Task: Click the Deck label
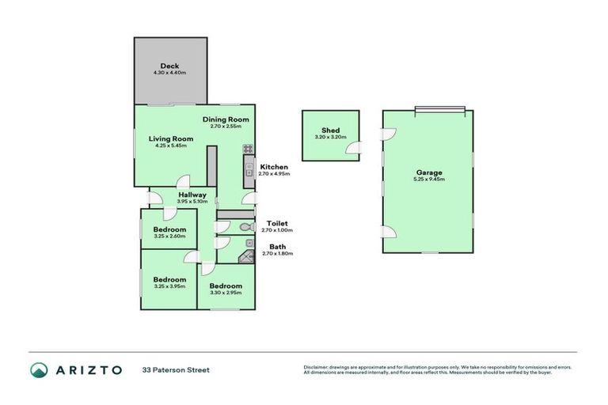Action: point(169,66)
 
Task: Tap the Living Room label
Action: point(171,138)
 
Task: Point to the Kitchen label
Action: point(274,167)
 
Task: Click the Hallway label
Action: point(192,195)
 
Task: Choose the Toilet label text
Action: point(276,223)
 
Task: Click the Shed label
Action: point(330,131)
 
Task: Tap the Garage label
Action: point(429,172)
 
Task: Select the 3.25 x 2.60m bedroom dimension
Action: point(169,236)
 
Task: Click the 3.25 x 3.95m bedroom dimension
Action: point(169,286)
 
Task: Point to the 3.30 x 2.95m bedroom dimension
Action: point(226,293)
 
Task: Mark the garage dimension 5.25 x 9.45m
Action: point(429,180)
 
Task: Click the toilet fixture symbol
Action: point(244,226)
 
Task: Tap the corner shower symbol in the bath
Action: point(247,255)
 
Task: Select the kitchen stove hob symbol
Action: point(248,148)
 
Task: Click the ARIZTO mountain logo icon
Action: point(39,369)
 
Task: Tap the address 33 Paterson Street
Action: point(176,369)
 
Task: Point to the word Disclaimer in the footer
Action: point(317,367)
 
